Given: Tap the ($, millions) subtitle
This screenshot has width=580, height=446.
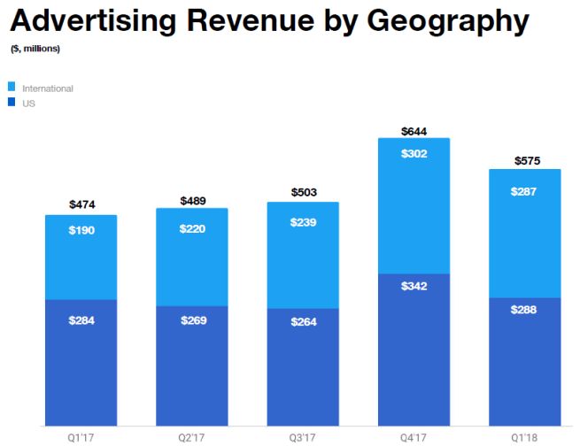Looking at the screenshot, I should [35, 49].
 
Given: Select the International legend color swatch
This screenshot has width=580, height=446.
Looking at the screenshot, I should [12, 88].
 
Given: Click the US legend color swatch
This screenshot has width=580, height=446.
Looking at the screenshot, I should [12, 104].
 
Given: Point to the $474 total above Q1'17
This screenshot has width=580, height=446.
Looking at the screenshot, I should [81, 204].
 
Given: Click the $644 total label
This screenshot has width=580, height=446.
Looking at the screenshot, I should [414, 131].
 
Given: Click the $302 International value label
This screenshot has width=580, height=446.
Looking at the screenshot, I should [414, 152].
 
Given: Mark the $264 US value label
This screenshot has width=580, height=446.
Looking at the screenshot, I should [304, 322].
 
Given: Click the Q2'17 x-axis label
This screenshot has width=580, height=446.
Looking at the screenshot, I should [192, 436].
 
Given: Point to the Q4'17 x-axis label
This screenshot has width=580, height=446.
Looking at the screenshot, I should [414, 436].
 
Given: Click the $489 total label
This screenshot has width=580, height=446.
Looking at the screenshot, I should [192, 201].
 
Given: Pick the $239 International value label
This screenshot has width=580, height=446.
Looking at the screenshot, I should [304, 223].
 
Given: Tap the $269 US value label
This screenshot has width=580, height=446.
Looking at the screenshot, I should [192, 319].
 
